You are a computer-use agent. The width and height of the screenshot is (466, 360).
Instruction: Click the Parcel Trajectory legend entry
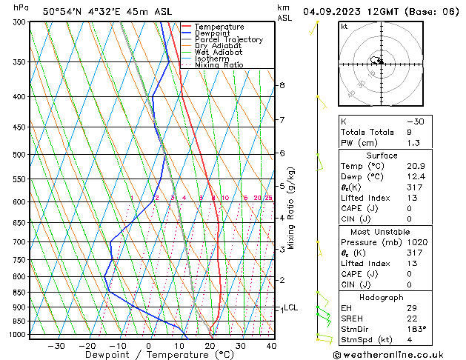pyautogui.click(x=229, y=39)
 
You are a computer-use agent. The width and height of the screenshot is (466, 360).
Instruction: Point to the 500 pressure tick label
pyautogui.click(x=19, y=155)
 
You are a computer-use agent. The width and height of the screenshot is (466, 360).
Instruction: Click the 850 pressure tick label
pyautogui.click(x=19, y=293)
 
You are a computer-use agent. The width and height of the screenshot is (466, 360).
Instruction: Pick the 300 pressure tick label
pyautogui.click(x=19, y=22)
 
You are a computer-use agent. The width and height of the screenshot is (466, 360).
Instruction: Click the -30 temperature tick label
pyautogui.click(x=56, y=346)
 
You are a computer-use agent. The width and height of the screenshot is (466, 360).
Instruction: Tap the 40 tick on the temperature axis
pyautogui.click(x=271, y=346)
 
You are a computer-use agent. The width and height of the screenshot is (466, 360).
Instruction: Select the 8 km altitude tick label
pyautogui.click(x=282, y=85)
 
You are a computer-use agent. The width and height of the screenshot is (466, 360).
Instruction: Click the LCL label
pyautogui.click(x=291, y=307)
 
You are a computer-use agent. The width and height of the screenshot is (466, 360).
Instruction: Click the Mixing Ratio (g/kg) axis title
pyautogui.click(x=291, y=208)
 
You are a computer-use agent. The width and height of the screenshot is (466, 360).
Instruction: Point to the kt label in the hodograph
pyautogui.click(x=344, y=26)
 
